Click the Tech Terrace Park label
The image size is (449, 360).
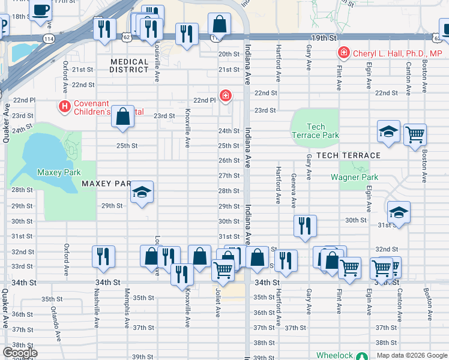pyautogui.click(x=315, y=131)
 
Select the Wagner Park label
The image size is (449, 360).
pyautogui.click(x=354, y=177)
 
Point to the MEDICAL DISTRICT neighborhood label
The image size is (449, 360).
pyautogui.click(x=129, y=65)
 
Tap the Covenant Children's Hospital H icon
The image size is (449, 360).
pyautogui.click(x=65, y=107)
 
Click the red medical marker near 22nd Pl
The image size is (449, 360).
pyautogui.click(x=225, y=95)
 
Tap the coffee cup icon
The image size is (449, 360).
pyautogui.click(x=41, y=10)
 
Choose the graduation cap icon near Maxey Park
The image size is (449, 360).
pyautogui.click(x=142, y=192)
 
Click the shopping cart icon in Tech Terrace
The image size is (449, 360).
pyautogui.click(x=415, y=134)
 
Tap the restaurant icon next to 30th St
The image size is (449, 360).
pyautogui.click(x=305, y=226)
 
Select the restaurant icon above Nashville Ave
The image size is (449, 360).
pyautogui.click(x=103, y=256)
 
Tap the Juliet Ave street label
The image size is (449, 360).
pyautogui.click(x=218, y=302)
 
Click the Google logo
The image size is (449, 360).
pyautogui.click(x=20, y=353)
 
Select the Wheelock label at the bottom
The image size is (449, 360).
pyautogui.click(x=334, y=356)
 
